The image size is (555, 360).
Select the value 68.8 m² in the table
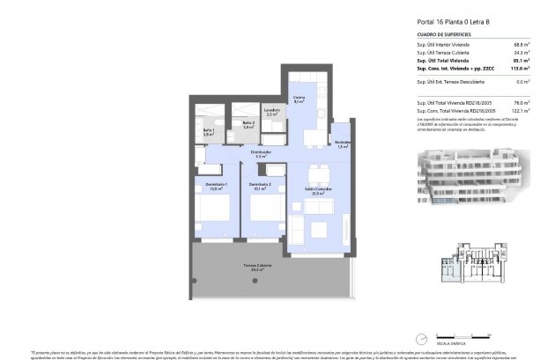(x=521, y=44)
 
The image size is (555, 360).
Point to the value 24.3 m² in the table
(x=521, y=53)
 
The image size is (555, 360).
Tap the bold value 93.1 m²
(x=521, y=61)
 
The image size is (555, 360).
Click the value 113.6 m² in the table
(x=519, y=70)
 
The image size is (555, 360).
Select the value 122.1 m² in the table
(x=520, y=111)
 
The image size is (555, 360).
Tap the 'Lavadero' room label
(x=271, y=111)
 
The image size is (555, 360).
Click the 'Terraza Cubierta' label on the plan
(x=257, y=265)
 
